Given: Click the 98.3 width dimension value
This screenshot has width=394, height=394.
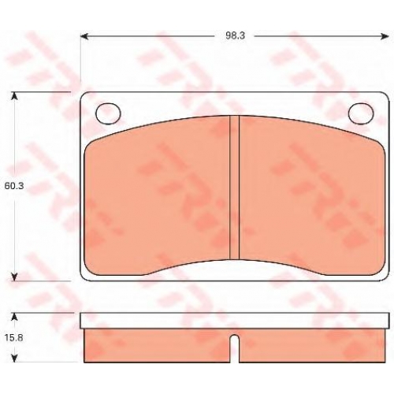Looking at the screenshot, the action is pyautogui.click(x=235, y=36).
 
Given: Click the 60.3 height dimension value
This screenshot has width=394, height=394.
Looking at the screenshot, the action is pyautogui.click(x=14, y=186).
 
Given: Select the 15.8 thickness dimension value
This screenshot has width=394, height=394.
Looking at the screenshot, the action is pyautogui.click(x=13, y=337).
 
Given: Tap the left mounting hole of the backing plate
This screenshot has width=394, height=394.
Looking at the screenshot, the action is pyautogui.click(x=109, y=113).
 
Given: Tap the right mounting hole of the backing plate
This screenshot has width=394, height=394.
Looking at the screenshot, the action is pyautogui.click(x=361, y=113).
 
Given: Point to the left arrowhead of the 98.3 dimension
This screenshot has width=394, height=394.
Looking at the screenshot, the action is pyautogui.click(x=84, y=36).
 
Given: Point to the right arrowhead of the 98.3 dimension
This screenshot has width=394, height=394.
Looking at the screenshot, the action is pyautogui.click(x=385, y=36).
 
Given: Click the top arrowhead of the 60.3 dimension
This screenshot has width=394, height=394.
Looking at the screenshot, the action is pyautogui.click(x=15, y=96).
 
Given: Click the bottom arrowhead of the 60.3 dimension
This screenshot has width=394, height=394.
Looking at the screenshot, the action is pyautogui.click(x=15, y=277).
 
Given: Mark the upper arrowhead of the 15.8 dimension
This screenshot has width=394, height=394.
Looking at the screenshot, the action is pyautogui.click(x=15, y=317).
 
